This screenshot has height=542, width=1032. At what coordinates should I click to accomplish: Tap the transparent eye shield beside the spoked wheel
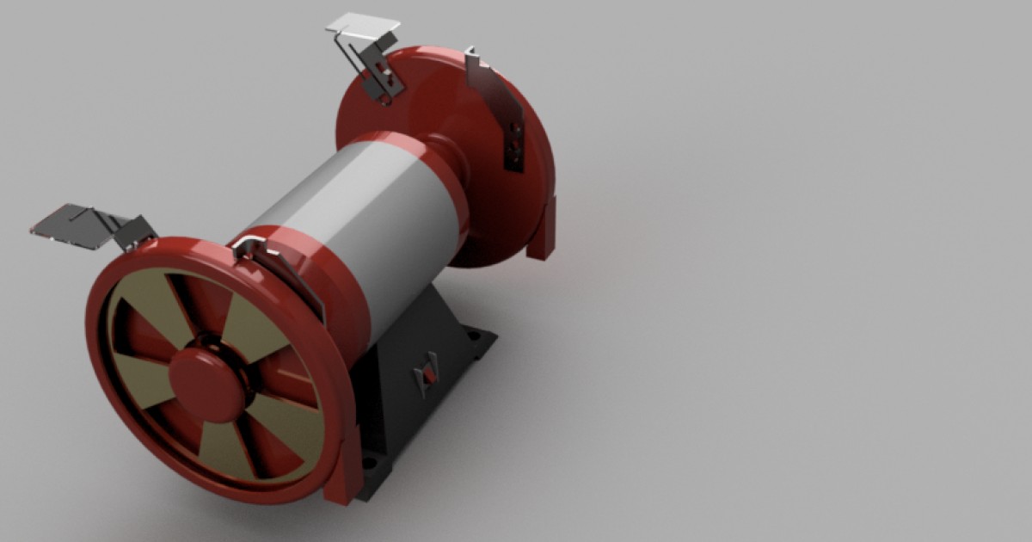pos(73,225)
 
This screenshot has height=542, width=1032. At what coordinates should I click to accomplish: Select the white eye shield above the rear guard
pos(365,25)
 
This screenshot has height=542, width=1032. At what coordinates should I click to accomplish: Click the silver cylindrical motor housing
pos(361,215)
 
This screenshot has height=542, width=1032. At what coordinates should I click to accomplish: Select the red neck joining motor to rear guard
pos(447,159)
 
